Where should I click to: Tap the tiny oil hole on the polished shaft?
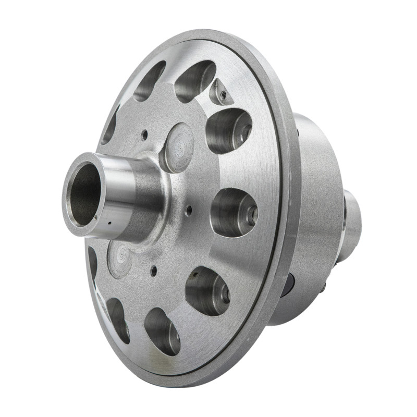tap(109, 225)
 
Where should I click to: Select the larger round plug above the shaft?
tap(177, 148)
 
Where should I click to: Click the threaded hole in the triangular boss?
tap(223, 94)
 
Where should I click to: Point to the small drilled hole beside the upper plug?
tap(144, 134)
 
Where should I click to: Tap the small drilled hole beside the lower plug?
tap(153, 271)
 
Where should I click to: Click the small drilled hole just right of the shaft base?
tap(189, 210)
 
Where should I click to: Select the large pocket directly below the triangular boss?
tap(229, 130)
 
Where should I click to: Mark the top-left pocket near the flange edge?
tap(149, 81)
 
